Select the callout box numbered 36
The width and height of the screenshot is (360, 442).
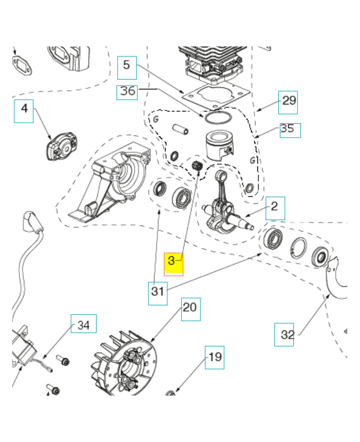[128, 92]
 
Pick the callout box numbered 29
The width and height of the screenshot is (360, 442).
[289, 101]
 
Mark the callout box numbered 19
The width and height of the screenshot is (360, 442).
[215, 357]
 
